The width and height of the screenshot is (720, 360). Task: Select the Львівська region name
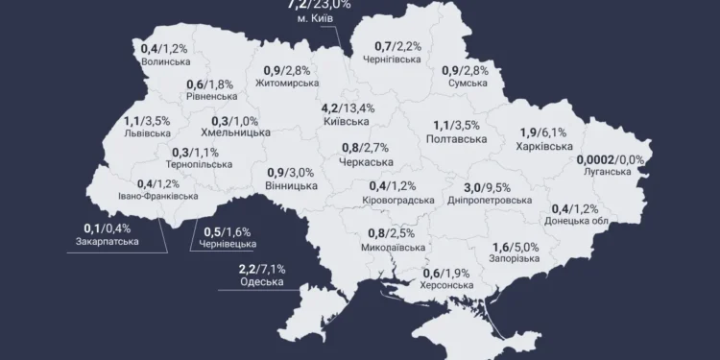(147, 134)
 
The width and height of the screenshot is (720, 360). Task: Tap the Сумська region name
(468, 84)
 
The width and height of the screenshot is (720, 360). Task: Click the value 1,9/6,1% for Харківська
(543, 132)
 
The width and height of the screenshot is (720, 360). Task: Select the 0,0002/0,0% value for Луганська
(610, 158)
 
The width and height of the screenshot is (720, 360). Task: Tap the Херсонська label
(447, 285)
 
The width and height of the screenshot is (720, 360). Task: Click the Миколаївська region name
(396, 247)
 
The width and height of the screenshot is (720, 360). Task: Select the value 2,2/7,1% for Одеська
(262, 268)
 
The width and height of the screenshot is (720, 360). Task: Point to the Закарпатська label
(107, 241)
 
